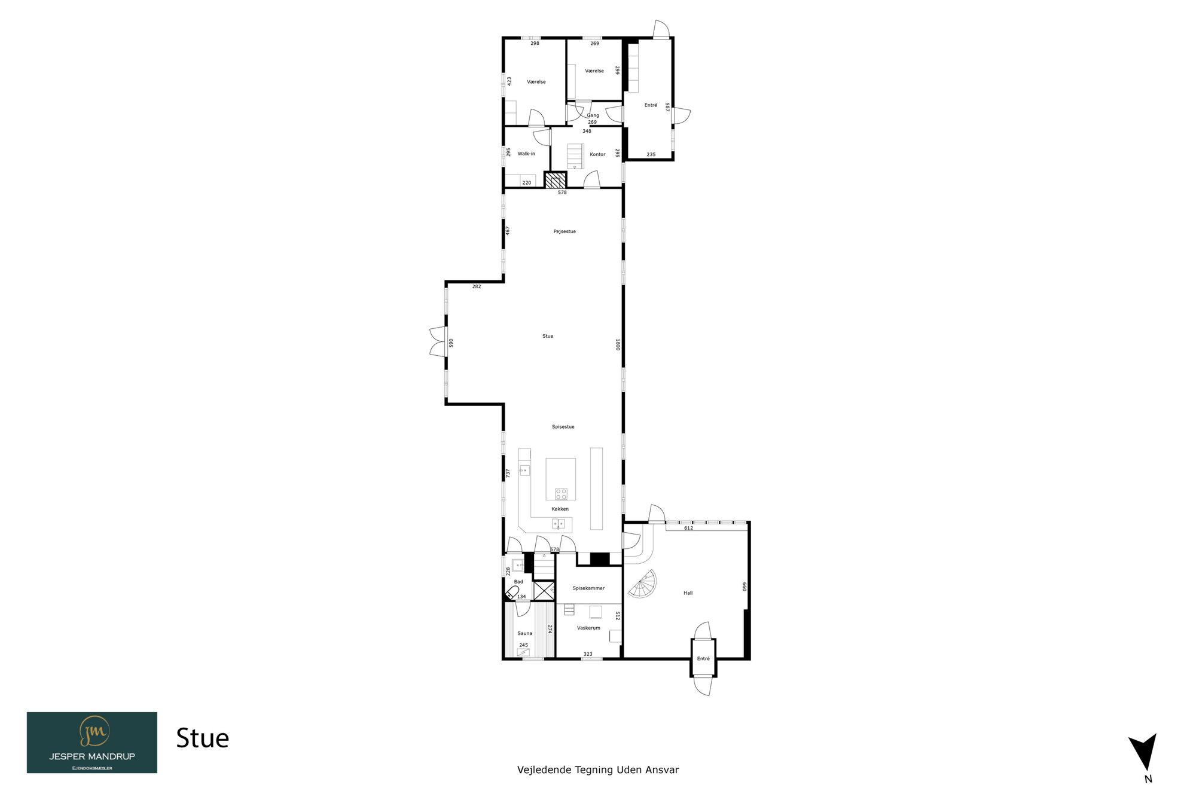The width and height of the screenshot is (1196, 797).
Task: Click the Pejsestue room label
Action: pos(565,231)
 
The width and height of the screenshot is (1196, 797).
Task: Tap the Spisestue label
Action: pos(563,427)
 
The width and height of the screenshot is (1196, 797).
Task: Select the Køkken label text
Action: pos(560,509)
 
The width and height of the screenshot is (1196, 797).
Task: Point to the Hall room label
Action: pos(688,593)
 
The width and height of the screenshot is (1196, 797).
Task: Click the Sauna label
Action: pos(524,633)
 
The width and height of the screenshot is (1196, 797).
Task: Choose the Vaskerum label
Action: pos(588,628)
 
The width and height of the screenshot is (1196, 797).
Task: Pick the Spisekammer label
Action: pos(588,588)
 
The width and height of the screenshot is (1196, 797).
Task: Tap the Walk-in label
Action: pos(526,154)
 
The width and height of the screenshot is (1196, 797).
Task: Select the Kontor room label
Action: pos(597,154)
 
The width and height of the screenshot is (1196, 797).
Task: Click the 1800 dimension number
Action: pos(618,344)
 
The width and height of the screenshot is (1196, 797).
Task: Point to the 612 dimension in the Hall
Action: pos(688,528)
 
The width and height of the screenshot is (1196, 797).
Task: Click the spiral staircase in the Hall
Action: pos(643,584)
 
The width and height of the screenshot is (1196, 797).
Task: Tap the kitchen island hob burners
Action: pos(561,494)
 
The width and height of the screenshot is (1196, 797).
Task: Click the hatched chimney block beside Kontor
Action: pos(556,181)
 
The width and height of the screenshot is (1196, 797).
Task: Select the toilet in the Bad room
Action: pos(512,593)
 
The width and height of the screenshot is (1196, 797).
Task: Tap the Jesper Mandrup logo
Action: pos(92,743)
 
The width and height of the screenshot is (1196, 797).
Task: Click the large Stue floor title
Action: pos(203,738)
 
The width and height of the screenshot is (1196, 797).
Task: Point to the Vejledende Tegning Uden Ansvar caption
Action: pos(598,770)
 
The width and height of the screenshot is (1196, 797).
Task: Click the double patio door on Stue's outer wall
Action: pos(438,343)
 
